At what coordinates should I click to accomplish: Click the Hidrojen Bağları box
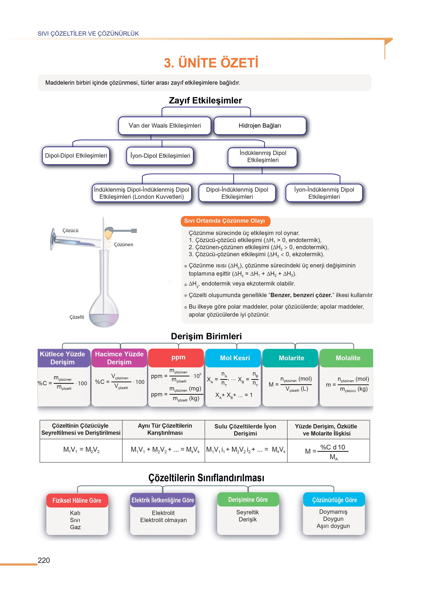260,126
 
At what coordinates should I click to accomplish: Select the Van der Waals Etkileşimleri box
165,126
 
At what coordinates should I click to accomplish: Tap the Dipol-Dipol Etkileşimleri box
76,156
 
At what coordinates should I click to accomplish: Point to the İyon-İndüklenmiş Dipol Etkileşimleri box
324,193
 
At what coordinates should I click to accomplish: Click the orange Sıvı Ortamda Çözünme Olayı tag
224,221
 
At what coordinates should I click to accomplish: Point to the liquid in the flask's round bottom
104,319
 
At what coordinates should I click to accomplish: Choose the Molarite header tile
291,358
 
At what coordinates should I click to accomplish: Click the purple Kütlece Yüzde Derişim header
62,358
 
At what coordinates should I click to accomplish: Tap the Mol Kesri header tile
235,358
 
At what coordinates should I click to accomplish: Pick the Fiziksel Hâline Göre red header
77,500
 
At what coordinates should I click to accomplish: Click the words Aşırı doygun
333,526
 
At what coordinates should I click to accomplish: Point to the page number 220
44,560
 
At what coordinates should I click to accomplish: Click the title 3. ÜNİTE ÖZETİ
211,63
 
